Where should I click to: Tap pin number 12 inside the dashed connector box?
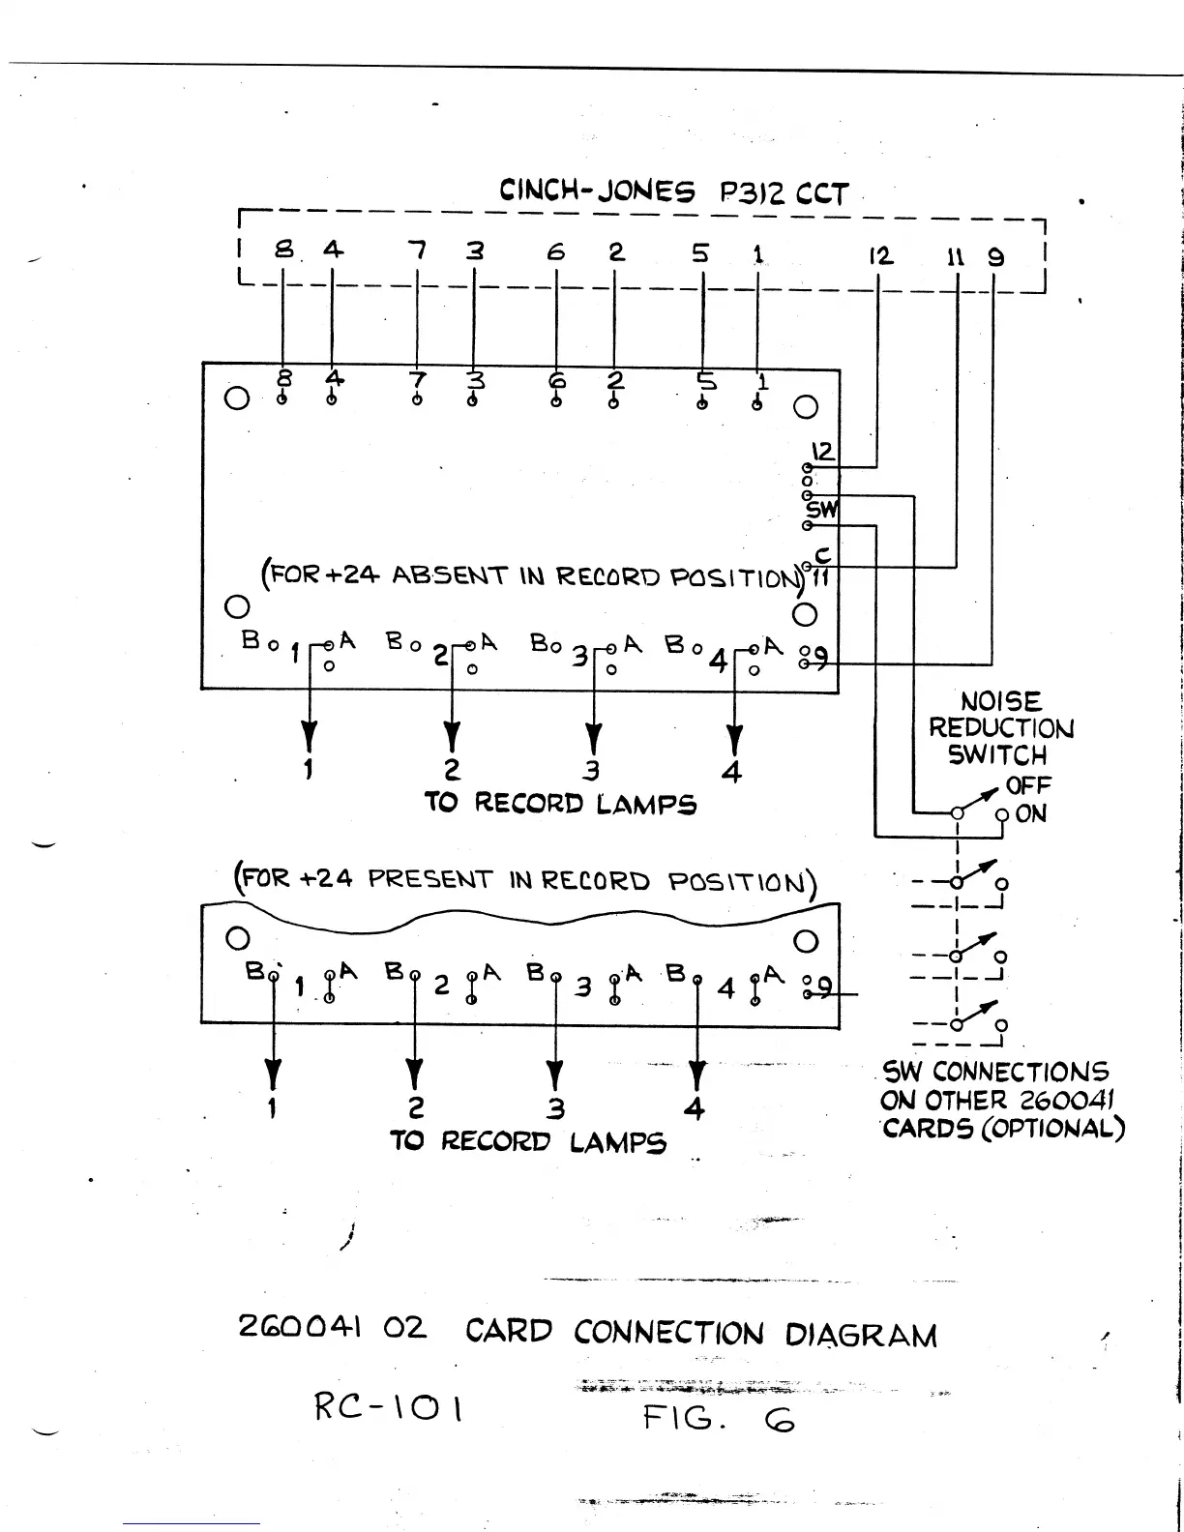(x=879, y=256)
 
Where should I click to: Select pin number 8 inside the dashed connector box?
(x=283, y=250)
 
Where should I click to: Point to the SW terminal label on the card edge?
(x=822, y=509)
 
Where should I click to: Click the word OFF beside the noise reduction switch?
(x=1028, y=784)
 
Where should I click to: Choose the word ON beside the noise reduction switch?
(x=1031, y=813)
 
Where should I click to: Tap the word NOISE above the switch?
(x=1000, y=701)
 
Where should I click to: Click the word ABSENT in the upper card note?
(x=450, y=576)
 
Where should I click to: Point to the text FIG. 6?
(x=718, y=1419)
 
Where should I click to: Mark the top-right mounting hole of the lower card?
(x=806, y=941)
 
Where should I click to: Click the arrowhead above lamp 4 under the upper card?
(x=734, y=740)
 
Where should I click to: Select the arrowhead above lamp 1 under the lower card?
(x=274, y=1074)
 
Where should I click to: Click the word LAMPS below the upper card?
(x=646, y=804)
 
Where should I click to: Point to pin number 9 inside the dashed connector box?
(x=995, y=256)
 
